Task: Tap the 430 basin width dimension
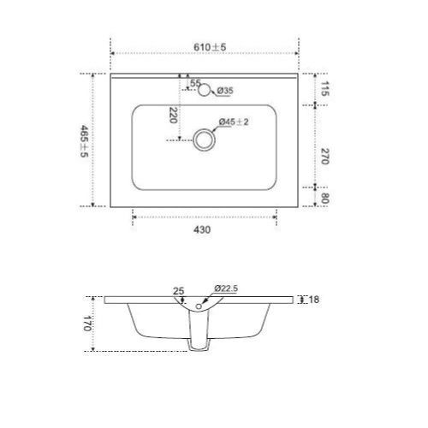pos(203,229)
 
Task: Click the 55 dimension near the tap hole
pos(194,82)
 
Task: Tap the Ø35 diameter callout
pos(225,91)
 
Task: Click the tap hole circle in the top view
pos(205,91)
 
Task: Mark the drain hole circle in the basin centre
pos(204,140)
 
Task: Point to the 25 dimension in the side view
pos(179,291)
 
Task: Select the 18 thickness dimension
pos(315,300)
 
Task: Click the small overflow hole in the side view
pos(200,306)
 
